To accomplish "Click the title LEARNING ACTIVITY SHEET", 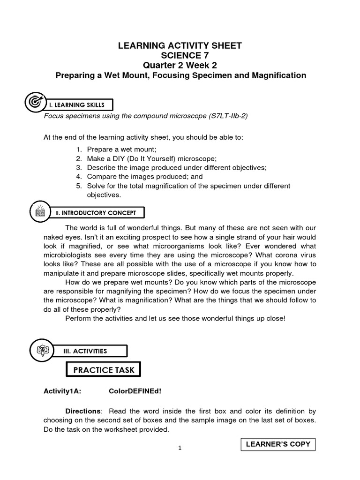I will point(180,45).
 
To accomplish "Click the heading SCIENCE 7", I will point(180,55).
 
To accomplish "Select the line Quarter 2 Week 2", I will point(180,65).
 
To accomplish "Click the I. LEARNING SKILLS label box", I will point(80,104).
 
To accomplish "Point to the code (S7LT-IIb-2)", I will point(226,116).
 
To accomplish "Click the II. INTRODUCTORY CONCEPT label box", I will point(96,213).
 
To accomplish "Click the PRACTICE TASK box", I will point(104,370).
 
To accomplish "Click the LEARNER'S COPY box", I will point(278,444).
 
